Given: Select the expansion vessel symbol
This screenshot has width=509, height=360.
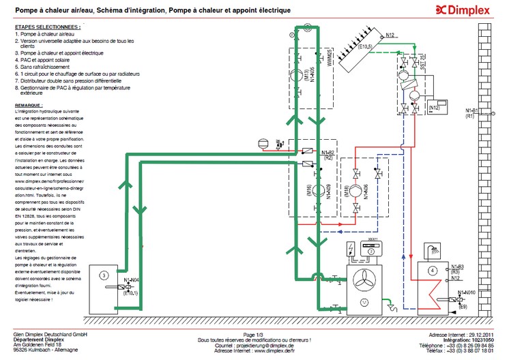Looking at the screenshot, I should coord(262,144).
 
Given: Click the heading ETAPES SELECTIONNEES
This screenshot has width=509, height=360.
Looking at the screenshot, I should coord(47,27).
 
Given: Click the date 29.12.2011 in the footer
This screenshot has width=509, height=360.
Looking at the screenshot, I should coord(478,335).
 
